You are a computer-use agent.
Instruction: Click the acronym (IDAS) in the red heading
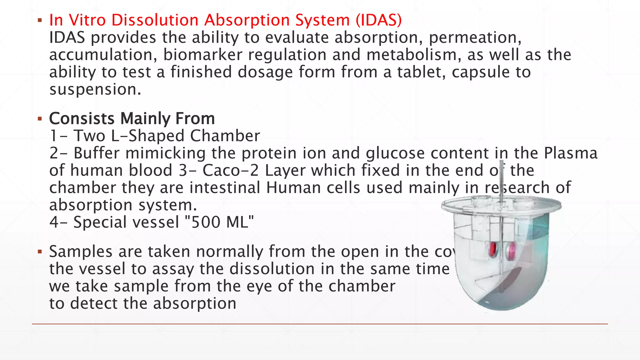(378, 20)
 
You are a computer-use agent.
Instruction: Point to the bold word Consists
(82, 119)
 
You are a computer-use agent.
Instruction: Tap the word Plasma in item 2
(570, 153)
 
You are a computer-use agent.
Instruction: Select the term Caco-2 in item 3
(231, 171)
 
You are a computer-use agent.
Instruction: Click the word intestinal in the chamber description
(225, 188)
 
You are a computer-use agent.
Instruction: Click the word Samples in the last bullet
(81, 252)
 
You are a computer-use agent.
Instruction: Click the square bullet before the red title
(39, 21)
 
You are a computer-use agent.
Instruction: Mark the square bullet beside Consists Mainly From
(39, 119)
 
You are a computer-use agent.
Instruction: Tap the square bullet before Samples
(39, 252)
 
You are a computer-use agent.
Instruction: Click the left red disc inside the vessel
(493, 249)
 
